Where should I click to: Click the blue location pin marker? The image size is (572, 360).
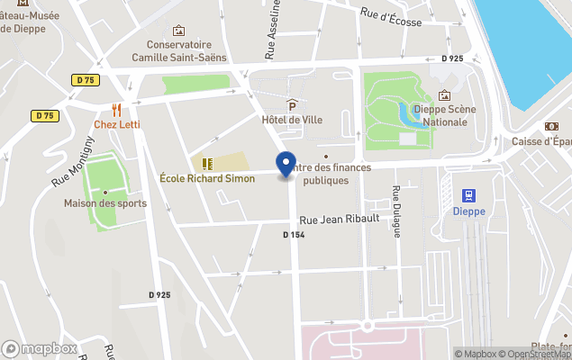286,165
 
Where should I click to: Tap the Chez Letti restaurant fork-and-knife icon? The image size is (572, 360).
117,109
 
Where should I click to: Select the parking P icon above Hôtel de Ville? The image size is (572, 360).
291,105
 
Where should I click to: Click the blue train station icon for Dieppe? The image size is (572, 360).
468,195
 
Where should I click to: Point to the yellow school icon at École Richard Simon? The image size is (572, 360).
207,164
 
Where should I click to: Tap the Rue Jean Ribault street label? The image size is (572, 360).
338,219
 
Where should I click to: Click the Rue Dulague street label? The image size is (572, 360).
396,211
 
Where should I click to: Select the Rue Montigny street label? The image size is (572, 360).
73,161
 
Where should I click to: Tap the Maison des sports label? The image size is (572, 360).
104,203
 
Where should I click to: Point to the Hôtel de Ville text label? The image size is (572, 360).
291,120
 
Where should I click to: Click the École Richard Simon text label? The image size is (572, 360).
207,178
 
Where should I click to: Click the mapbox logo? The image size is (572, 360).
40,348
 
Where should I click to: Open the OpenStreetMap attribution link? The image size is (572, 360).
537,354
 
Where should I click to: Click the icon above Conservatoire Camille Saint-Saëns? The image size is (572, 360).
178,31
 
